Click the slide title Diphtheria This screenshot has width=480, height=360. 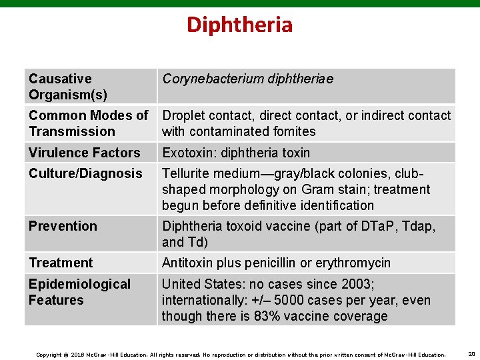pos(239,25)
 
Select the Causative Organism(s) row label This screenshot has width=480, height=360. pos(67,87)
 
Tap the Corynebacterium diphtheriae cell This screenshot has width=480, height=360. pos(247,79)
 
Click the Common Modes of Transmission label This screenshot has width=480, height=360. pos(88,123)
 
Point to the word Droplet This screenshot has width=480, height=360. pos(185,115)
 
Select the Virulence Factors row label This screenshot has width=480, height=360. pos(84,153)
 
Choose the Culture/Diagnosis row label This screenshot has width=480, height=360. pos(85,173)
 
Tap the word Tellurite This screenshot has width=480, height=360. pos(187,173)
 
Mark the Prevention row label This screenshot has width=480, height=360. pos(63,226)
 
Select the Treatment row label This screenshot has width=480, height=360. pos(61,263)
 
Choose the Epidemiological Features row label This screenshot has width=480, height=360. pos(79,292)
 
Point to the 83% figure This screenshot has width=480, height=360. pos(267,316)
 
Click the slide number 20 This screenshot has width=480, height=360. pos(471,353)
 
